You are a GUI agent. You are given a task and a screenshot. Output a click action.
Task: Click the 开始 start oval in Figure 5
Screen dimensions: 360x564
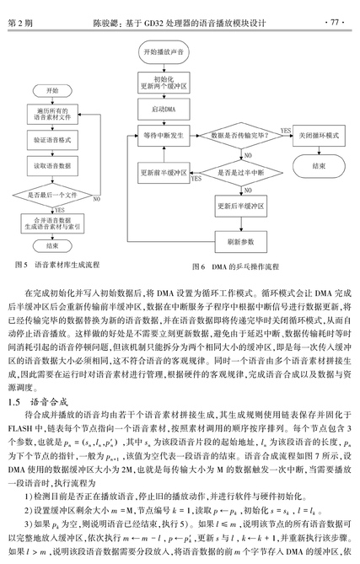pos(52,91)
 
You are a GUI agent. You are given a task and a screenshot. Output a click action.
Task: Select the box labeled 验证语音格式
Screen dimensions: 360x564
pos(52,140)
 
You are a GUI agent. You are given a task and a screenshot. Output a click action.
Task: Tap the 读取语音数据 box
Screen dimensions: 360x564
pos(52,166)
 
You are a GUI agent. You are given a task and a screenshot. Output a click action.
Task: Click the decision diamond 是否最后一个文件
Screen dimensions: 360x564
pos(52,196)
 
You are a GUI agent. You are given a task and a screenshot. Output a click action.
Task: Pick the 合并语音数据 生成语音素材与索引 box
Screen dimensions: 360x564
pos(52,223)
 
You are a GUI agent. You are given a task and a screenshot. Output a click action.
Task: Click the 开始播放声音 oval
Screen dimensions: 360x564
pos(164,52)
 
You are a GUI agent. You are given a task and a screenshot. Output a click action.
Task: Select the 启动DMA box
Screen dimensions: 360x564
pos(164,110)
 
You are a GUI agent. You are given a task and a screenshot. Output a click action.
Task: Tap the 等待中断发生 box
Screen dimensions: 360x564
pos(164,136)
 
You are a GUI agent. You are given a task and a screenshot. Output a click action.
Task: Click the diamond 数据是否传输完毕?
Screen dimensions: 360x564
pos(241,136)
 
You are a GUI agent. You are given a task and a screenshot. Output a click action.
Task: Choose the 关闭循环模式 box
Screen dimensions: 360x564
pos(319,136)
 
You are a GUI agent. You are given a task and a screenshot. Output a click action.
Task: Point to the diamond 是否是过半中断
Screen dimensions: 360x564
pos(241,173)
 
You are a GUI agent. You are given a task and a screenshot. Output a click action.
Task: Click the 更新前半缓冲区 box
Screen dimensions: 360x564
pos(164,173)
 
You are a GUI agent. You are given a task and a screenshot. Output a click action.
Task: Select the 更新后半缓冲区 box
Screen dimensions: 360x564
pos(241,206)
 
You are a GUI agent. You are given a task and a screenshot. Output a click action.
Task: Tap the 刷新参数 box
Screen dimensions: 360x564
pos(241,242)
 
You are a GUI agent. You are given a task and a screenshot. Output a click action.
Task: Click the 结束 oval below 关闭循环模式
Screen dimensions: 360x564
pos(319,166)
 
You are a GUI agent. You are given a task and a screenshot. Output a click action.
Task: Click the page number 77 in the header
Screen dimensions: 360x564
pos(335,23)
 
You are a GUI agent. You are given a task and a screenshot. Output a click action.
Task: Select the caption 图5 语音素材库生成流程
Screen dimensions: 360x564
pos(57,265)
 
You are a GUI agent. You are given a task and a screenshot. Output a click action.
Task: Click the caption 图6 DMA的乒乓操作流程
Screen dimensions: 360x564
pos(235,266)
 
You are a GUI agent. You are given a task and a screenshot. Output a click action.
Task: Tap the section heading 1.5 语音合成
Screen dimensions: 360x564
pos(38,402)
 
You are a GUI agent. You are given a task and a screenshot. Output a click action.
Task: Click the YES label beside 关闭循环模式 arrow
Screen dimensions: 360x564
pos(286,131)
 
